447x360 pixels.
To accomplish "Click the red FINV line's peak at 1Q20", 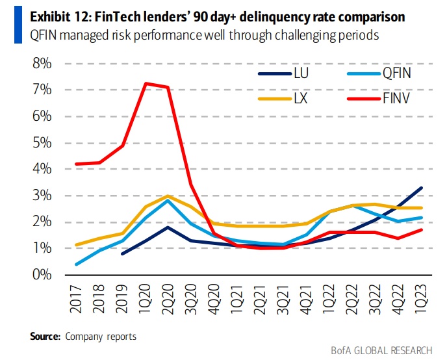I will tap(147, 83).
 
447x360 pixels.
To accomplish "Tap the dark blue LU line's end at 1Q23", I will tap(422, 188).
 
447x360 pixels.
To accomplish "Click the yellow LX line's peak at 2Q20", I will tap(169, 196).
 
